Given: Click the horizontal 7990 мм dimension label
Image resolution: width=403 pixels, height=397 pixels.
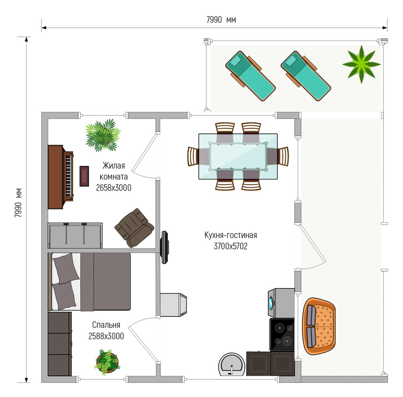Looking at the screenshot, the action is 221,20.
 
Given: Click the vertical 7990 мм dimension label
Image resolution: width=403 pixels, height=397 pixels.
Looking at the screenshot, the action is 18,203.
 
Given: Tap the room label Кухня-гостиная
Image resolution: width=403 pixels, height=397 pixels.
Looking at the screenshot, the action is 230,235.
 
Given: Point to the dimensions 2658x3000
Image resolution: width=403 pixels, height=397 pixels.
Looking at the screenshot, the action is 113,188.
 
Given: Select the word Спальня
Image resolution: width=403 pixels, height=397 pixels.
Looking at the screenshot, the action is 106,325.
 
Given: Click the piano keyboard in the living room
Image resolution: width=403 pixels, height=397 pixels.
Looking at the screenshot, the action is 69,176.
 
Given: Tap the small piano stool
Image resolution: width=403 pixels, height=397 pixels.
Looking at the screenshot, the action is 84,176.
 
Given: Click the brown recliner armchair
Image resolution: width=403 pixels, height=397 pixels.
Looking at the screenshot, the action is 134,228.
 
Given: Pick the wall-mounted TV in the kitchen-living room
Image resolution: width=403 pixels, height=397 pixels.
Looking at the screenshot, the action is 164,247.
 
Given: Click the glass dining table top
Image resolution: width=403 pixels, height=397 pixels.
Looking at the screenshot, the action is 238,156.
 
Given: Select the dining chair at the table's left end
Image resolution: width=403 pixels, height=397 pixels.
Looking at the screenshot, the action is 193,156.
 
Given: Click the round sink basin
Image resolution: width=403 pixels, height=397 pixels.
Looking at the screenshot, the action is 232,364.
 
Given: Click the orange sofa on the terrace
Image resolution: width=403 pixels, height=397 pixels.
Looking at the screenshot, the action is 319,326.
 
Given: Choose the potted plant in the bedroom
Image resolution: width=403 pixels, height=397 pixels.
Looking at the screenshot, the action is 107,362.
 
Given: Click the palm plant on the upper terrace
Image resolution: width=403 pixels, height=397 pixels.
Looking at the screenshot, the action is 361,64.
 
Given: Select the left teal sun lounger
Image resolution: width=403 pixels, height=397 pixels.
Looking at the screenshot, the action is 250,76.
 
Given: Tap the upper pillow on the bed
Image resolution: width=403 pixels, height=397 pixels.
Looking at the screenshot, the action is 66,269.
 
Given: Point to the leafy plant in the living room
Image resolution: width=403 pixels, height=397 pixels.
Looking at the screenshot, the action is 103,135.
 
